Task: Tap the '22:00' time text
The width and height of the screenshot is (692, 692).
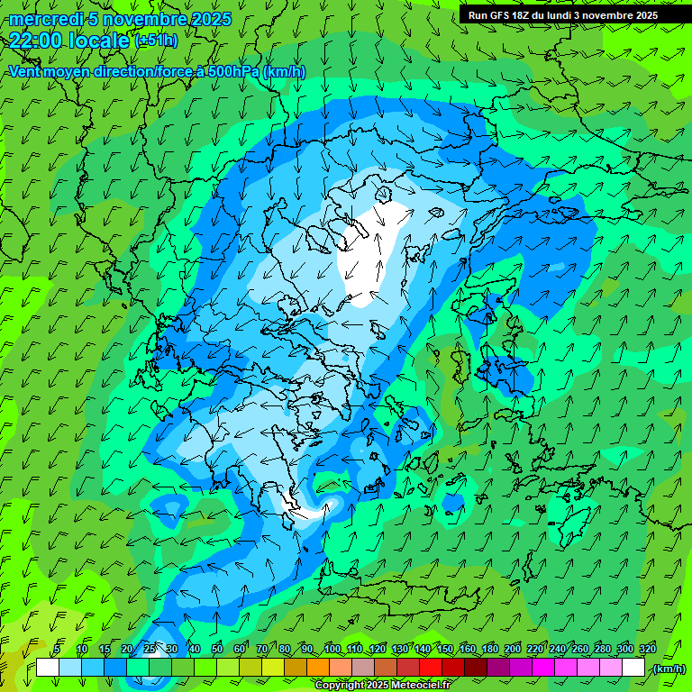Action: (35, 41)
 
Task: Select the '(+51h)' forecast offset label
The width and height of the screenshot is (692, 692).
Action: (156, 41)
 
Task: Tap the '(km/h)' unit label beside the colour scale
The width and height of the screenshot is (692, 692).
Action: (669, 668)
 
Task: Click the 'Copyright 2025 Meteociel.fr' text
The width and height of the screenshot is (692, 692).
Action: (382, 685)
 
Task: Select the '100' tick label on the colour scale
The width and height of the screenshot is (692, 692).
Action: (332, 649)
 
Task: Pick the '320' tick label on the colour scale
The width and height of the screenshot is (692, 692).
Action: (647, 649)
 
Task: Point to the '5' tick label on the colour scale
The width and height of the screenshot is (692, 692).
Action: (57, 649)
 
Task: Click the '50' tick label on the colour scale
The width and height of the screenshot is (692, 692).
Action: (216, 649)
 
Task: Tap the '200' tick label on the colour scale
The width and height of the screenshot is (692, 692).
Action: (513, 649)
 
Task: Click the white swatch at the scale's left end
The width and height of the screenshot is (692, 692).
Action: (48, 668)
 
